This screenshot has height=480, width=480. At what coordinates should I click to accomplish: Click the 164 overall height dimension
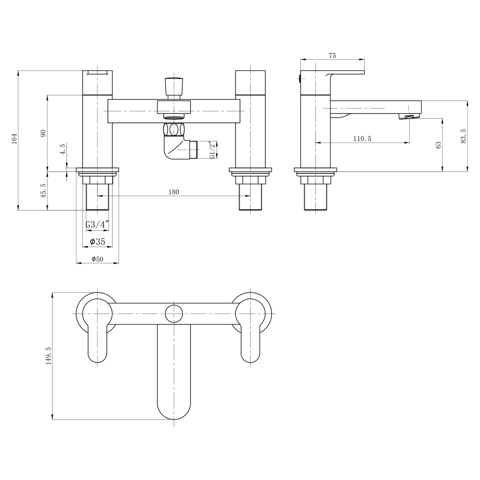click(x=15, y=138)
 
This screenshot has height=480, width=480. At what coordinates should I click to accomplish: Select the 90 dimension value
click(x=44, y=133)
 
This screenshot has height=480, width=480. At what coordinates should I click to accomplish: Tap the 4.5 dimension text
click(x=62, y=156)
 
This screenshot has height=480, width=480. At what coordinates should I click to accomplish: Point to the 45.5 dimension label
click(x=44, y=190)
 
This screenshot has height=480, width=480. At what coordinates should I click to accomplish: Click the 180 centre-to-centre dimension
click(x=174, y=192)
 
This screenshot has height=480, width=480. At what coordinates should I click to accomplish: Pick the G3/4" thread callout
click(x=97, y=225)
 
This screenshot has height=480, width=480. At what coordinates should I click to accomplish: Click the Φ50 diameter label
click(x=97, y=259)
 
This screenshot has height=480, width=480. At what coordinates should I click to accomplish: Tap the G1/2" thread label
click(x=212, y=150)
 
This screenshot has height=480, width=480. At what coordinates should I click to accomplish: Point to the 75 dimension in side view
click(x=332, y=56)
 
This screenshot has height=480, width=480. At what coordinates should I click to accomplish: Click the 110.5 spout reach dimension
click(x=362, y=138)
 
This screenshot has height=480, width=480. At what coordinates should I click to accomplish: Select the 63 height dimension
click(x=438, y=145)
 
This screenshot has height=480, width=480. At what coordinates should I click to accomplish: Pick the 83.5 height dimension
click(x=463, y=136)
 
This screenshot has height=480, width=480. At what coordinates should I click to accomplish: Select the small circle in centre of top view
click(x=174, y=314)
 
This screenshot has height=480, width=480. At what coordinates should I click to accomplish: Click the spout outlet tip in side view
click(x=408, y=116)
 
